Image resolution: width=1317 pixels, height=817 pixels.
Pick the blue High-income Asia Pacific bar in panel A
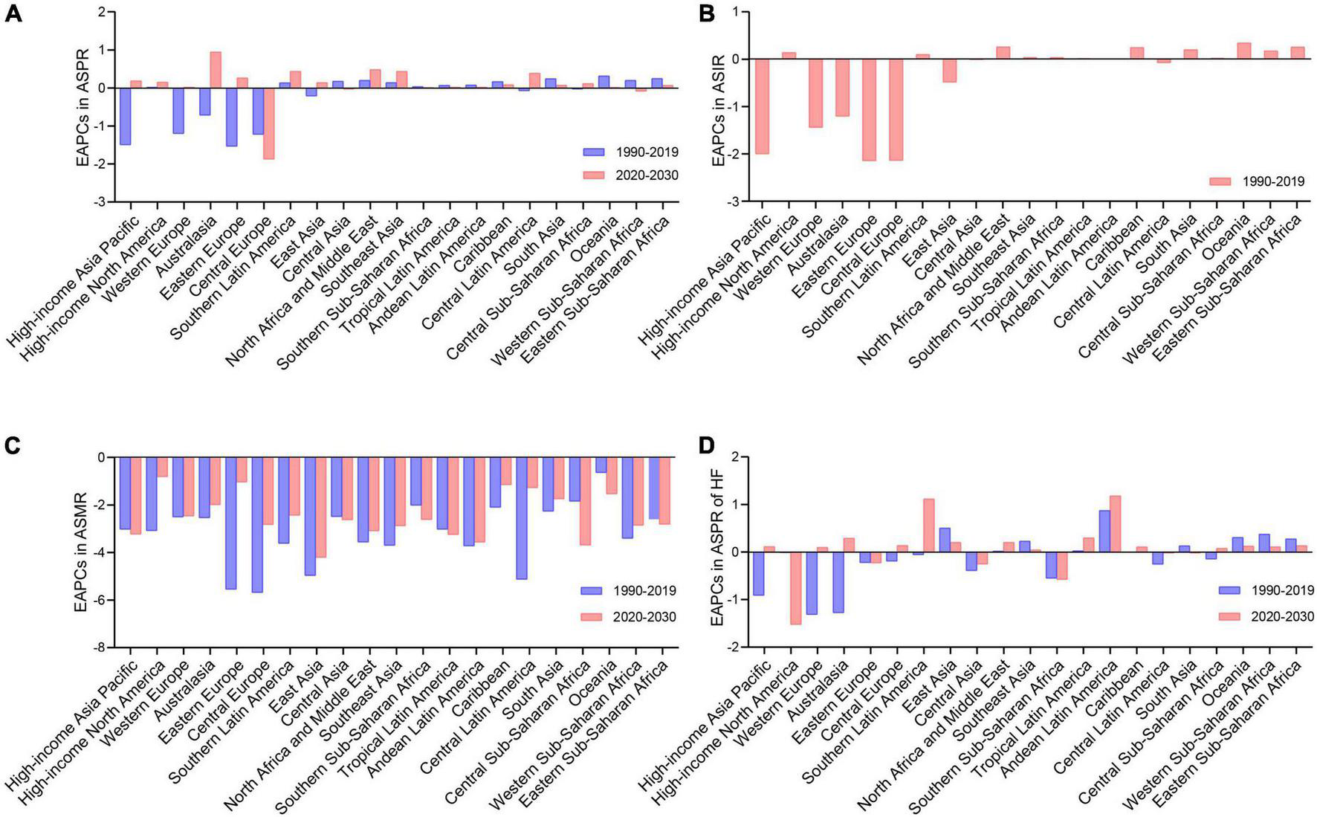[x=125, y=116]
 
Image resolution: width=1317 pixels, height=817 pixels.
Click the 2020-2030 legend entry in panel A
[x=630, y=175]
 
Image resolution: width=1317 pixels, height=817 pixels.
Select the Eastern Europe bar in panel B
[x=869, y=110]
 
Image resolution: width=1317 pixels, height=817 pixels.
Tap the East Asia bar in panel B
[x=949, y=71]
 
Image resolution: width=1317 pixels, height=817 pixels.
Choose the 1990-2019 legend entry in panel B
[x=1256, y=181]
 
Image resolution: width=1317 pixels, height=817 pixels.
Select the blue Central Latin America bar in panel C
[x=522, y=518]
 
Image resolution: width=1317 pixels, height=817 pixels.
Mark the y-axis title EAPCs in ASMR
[x=80, y=552]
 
